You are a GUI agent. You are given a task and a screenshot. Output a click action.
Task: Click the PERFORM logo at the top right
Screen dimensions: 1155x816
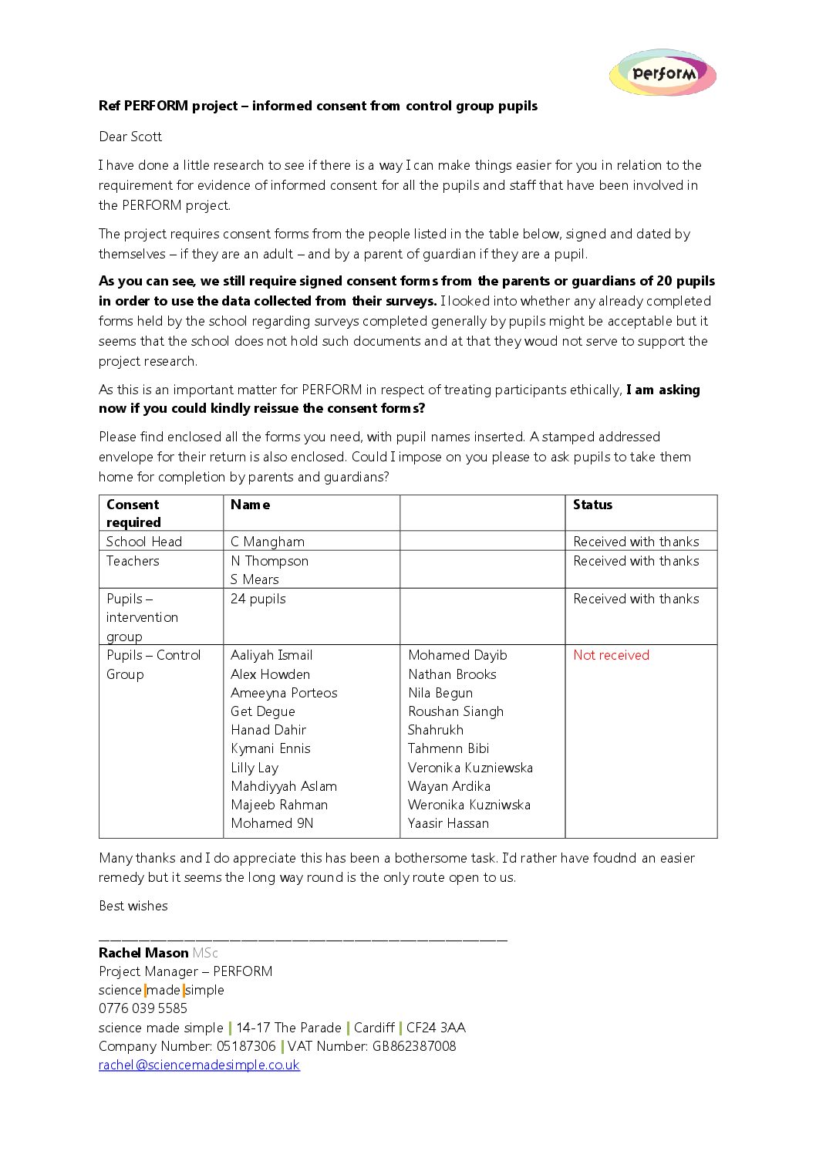coord(663,73)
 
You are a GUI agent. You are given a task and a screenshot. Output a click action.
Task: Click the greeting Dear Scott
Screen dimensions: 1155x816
coord(130,137)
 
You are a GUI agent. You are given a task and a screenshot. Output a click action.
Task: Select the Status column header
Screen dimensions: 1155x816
coord(592,505)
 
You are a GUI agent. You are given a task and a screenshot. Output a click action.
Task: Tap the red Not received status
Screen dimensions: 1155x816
coord(611,655)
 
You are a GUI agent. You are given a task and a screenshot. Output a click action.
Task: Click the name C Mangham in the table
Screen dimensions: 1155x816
coord(267,542)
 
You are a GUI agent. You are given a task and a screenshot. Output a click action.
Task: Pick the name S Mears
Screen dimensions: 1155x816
coord(255,579)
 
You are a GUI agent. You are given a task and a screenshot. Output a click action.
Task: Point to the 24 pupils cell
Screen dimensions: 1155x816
coord(258,599)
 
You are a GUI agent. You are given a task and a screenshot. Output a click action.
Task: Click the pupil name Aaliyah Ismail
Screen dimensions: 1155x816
coord(271,655)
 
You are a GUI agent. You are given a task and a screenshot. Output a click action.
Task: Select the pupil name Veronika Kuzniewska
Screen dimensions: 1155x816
coord(470,768)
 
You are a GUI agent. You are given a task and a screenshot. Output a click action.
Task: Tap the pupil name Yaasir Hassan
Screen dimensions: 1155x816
coord(448,823)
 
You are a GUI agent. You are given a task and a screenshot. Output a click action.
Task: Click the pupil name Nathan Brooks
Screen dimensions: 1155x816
coord(452,674)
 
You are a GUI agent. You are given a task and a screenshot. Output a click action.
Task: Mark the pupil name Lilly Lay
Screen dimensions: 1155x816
coord(255,768)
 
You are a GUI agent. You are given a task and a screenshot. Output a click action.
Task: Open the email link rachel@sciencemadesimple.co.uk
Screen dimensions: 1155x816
coord(199,1065)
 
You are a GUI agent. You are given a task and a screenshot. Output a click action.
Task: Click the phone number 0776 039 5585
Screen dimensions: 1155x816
coord(143,1008)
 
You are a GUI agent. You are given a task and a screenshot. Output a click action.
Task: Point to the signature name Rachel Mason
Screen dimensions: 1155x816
coord(143,953)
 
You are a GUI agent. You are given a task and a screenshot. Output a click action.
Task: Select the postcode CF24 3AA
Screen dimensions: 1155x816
coord(436,1028)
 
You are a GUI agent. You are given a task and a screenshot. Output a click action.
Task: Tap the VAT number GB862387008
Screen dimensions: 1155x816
coord(413,1046)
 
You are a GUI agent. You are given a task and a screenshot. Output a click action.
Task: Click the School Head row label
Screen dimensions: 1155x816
coord(143,542)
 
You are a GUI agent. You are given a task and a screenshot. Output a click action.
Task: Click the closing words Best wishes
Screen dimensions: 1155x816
coord(133,906)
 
